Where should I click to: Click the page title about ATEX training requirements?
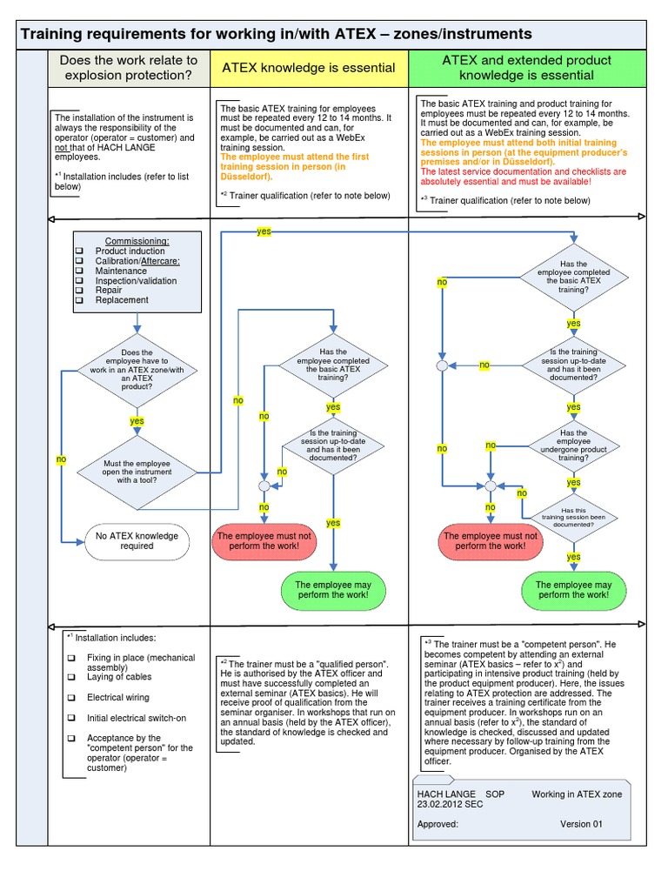[x=276, y=35]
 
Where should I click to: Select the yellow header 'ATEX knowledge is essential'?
[x=309, y=68]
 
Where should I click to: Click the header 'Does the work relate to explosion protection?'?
[x=128, y=68]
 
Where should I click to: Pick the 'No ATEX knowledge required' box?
[x=137, y=540]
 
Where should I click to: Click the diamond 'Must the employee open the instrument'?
[x=137, y=472]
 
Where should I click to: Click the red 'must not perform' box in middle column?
[x=264, y=541]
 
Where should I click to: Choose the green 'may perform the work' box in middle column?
[x=332, y=590]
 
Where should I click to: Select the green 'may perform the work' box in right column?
[x=573, y=590]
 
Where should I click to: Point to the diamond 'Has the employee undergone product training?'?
[x=573, y=445]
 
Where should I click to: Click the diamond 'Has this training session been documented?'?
[x=573, y=518]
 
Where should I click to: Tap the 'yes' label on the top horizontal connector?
[x=264, y=231]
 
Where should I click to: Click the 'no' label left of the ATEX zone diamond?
[x=62, y=459]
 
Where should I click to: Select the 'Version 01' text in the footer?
[x=581, y=823]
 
